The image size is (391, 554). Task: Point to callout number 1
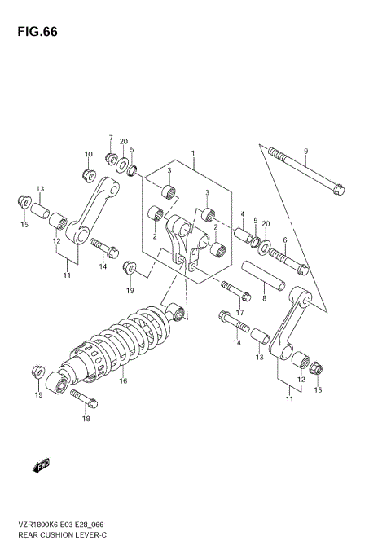tap(192, 153)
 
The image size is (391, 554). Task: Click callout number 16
tap(124, 380)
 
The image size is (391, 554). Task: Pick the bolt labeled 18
tap(84, 398)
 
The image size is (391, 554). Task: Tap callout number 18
tap(86, 419)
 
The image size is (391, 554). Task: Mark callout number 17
tap(240, 311)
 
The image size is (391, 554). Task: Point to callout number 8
tap(264, 298)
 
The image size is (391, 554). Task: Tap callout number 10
tap(89, 154)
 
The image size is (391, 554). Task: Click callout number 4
tap(242, 213)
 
